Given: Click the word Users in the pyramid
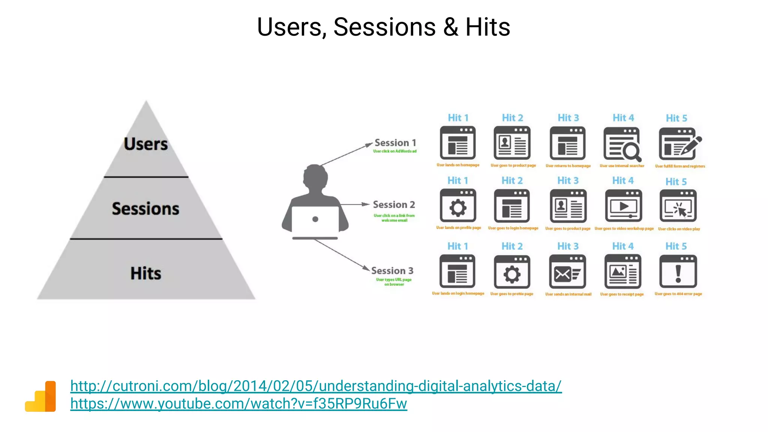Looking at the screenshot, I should [x=146, y=144].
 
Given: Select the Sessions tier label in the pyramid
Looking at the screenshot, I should [x=145, y=208].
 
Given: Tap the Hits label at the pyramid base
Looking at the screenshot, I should [x=146, y=273].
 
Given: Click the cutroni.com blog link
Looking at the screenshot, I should [x=316, y=386].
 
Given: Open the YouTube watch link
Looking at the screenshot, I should [x=238, y=403].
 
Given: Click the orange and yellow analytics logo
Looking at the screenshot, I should [x=40, y=396].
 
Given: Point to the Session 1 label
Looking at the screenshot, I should [x=395, y=143].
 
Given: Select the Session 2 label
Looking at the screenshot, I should [x=394, y=205].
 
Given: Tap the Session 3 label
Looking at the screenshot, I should [x=392, y=271].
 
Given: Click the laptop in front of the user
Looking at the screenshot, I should [x=315, y=221].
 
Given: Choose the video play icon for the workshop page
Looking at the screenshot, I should [x=624, y=206].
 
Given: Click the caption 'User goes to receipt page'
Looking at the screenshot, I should [x=622, y=294].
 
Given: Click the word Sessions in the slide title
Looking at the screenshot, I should [x=384, y=27].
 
